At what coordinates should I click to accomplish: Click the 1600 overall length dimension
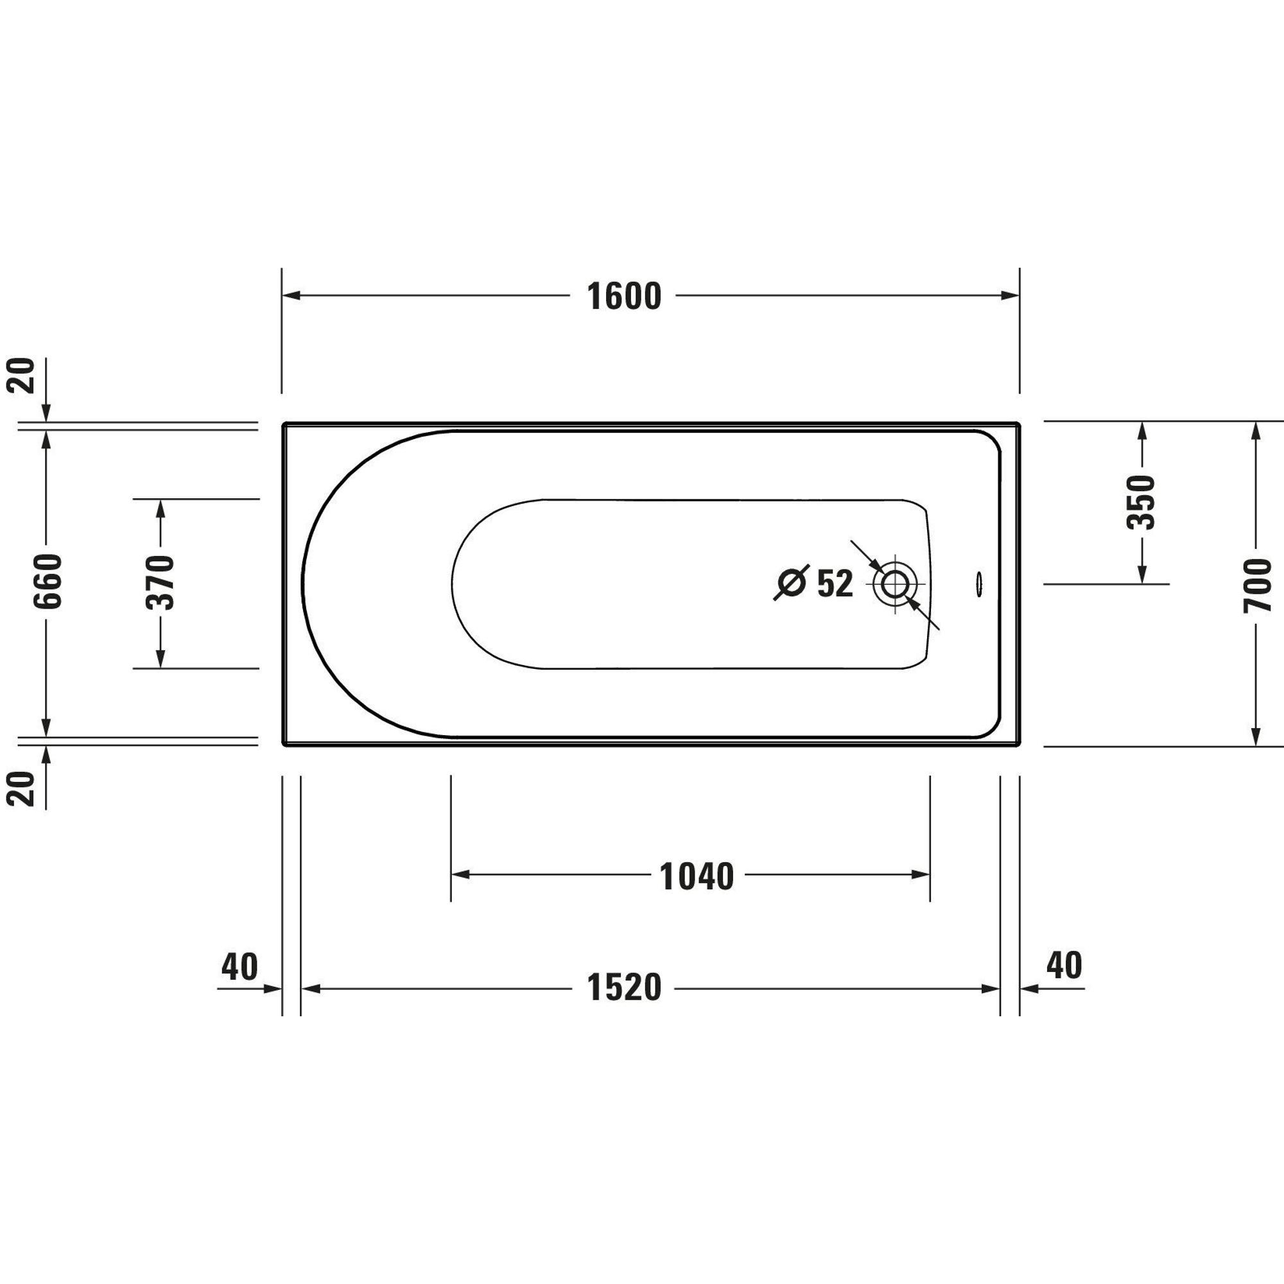pos(623,297)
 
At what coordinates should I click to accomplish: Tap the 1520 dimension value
pos(623,987)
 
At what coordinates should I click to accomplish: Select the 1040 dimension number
pos(696,876)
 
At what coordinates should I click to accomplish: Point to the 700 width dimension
pos(1257,584)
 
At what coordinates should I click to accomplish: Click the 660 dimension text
pos(49,581)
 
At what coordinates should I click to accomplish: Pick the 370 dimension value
pos(160,583)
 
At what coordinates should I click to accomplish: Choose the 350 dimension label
pos(1141,502)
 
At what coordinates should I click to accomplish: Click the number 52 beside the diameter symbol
pos(834,584)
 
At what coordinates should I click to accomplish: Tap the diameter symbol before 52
pos(792,583)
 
